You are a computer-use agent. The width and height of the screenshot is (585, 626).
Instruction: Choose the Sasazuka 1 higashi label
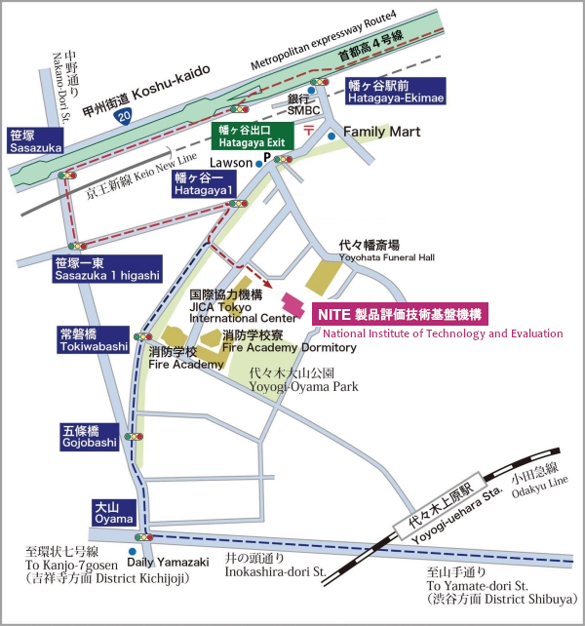point(107,267)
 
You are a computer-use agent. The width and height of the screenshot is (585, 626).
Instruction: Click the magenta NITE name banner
point(399,314)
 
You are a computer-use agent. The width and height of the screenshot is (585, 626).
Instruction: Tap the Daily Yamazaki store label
point(168,562)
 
